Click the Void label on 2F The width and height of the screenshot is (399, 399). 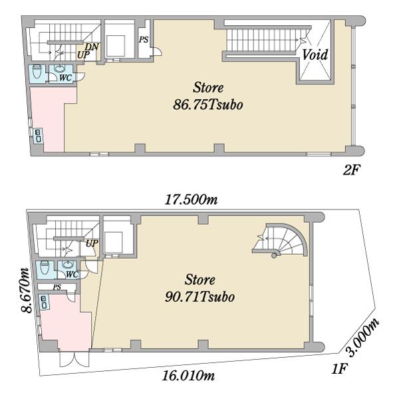(x=315, y=55)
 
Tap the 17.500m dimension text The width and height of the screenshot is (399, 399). (x=192, y=199)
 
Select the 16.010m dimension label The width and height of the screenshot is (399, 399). (x=188, y=376)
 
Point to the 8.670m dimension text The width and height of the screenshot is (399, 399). (x=27, y=291)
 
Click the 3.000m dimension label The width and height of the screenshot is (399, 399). (x=363, y=337)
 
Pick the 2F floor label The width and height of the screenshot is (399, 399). (x=352, y=170)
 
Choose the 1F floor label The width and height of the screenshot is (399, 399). (x=339, y=368)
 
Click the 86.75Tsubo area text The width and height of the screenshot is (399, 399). (x=208, y=105)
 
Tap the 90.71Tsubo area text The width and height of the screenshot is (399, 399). (x=199, y=297)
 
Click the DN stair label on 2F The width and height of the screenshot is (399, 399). (x=92, y=47)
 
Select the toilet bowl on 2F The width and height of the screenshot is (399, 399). (x=37, y=72)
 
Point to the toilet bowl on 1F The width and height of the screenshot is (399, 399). (x=45, y=268)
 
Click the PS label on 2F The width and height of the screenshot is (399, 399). (x=144, y=40)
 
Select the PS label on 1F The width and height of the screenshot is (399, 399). (x=57, y=287)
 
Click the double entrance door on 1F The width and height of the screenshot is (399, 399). (x=74, y=360)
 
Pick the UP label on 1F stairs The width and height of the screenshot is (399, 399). (x=92, y=243)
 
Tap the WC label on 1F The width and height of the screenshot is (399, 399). (x=72, y=275)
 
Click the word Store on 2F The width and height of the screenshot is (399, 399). (x=208, y=88)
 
